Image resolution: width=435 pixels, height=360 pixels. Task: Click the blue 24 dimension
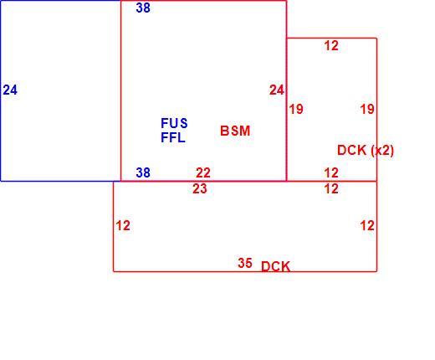coord(10,90)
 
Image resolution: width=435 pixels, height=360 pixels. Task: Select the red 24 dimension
coord(277,90)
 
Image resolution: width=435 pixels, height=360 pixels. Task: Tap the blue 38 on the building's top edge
coord(143,8)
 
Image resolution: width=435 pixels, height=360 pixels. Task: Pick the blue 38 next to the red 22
coord(143,172)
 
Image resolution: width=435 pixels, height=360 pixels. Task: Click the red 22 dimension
coord(203,172)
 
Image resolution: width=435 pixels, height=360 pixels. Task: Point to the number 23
coord(200,189)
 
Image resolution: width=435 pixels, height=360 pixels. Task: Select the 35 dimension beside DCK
coord(245,263)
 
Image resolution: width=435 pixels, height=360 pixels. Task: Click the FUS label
coord(174,123)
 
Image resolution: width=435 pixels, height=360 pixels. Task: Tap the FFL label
coord(173,137)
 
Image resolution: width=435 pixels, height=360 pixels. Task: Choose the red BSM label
coord(235,131)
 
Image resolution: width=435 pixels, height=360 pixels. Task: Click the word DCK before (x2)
coord(351,151)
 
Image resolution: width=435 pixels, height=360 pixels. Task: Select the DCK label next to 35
coord(275,267)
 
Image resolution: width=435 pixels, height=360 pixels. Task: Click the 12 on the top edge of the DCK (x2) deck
coord(331,46)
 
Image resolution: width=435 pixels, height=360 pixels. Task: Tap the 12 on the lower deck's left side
coord(123,226)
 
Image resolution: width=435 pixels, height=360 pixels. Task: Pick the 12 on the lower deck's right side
coord(367,226)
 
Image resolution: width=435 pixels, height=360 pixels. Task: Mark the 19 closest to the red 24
coord(296,109)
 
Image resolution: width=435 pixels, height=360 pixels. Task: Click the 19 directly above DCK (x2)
coord(367,109)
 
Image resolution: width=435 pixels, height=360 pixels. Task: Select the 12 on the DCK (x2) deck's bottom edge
coord(331,172)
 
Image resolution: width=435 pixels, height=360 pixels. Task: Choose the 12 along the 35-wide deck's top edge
coord(331,189)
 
